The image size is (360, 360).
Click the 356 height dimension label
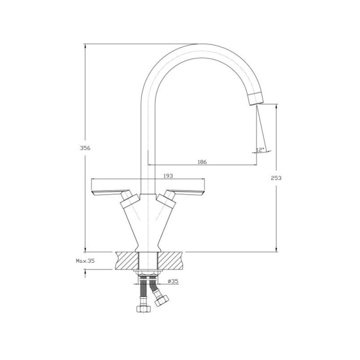85,148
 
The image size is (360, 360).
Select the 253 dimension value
276,178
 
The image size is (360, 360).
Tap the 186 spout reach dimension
202,162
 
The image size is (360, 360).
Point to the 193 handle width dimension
168,176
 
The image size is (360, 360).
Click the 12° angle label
261,150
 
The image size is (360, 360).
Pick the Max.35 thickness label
85,261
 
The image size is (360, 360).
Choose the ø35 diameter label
173,281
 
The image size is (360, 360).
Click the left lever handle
111,193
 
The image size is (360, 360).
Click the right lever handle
185,193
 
